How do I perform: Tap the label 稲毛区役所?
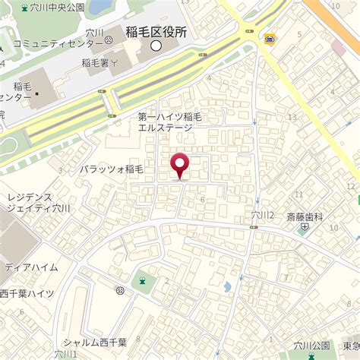tap(156, 32)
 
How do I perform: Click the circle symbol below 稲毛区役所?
tap(156, 46)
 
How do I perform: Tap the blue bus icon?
tap(270, 39)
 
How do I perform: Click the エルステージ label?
tap(165, 128)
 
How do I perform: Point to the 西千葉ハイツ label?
tap(27, 293)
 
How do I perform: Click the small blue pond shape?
tap(227, 287)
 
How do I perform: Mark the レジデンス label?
tap(29, 196)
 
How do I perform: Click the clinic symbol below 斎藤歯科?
tap(305, 226)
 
